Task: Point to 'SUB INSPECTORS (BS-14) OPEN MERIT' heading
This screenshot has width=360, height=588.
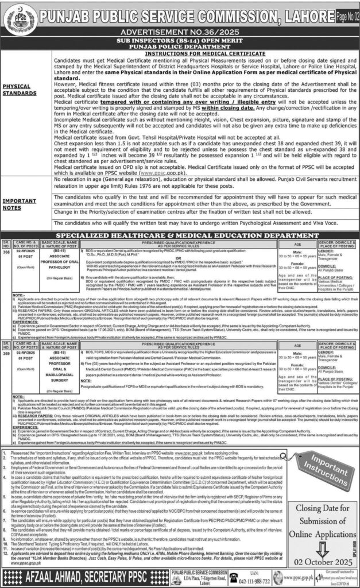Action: click(180, 41)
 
